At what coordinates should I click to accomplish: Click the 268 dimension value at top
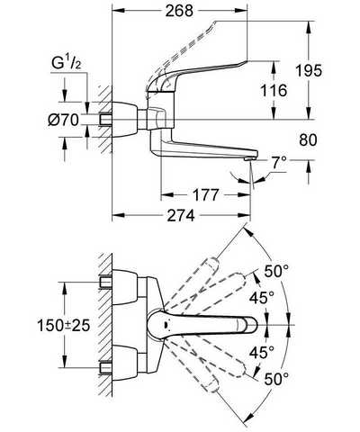(x=180, y=12)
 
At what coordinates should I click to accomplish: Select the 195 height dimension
(x=309, y=71)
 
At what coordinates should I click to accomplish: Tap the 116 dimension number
(x=273, y=90)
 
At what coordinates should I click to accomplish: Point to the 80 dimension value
(x=308, y=139)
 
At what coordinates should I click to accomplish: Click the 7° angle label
(x=278, y=164)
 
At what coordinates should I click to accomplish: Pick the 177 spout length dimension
(x=205, y=195)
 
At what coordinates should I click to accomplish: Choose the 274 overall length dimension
(x=181, y=215)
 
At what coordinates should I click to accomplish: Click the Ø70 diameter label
(x=64, y=121)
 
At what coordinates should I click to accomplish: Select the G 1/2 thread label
(x=67, y=64)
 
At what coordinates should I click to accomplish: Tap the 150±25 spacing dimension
(x=64, y=325)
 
